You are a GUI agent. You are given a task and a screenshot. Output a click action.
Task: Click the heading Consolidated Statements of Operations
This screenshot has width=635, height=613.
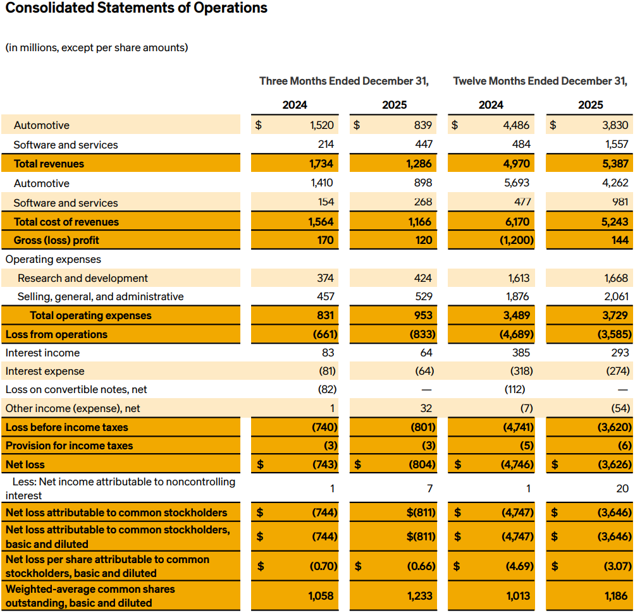point(136,9)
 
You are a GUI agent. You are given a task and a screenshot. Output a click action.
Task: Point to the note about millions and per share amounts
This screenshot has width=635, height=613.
point(97,48)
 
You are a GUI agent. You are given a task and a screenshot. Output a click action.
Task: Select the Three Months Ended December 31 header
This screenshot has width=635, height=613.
point(344,81)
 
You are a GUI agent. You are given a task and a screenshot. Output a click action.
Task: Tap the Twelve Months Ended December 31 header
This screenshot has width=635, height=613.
point(540,81)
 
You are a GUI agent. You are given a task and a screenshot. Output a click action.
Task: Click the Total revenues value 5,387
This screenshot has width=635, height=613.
point(611,164)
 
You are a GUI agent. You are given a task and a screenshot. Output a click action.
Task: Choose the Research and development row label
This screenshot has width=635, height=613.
point(83,278)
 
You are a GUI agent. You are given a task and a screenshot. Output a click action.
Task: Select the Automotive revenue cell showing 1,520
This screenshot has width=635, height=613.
point(322,125)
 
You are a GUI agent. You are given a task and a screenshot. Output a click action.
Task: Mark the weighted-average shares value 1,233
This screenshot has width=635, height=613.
point(421,596)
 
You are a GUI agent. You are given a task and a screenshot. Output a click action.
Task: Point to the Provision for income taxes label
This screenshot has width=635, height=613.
point(70,446)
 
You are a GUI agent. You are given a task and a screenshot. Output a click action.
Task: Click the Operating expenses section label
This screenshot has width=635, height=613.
point(53,259)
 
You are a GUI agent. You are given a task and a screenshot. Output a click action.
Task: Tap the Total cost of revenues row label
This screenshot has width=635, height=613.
point(66,222)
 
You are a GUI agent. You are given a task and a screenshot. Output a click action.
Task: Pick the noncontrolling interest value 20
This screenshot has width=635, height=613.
point(622,489)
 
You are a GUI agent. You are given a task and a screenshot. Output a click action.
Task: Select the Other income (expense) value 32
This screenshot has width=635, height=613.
point(426,408)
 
